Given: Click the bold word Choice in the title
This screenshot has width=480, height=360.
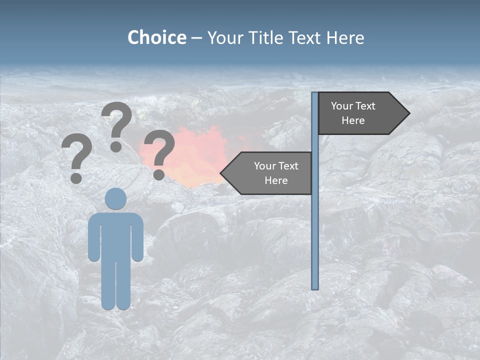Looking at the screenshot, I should pos(156,37).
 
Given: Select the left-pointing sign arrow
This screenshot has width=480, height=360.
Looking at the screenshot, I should pos(267,173).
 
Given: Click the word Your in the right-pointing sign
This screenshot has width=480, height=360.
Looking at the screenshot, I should pos(342,106).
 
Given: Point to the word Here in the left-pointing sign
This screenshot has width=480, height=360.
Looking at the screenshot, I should pos(276,180).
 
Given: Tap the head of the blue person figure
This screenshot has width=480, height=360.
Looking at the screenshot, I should pos(115,198).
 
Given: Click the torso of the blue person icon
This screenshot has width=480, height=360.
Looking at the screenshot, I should pos(115,235).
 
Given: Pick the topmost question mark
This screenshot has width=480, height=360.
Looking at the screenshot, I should pos(116,125).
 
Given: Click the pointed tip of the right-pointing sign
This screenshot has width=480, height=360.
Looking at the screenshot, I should pos(408,113).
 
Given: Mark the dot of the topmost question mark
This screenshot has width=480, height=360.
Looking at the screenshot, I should pos(116,146).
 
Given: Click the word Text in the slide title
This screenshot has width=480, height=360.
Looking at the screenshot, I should pos(304,37).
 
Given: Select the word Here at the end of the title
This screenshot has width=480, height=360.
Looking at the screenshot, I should pos(345,37).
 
